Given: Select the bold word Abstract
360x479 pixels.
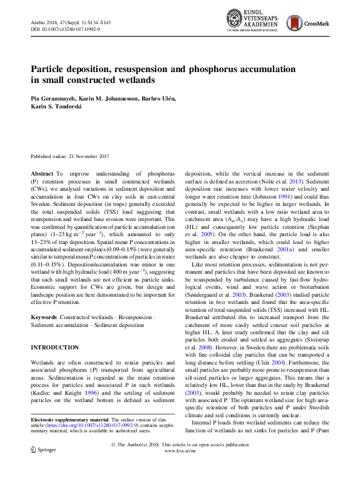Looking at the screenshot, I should [42, 174].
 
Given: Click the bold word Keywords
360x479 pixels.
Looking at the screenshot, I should [44, 317].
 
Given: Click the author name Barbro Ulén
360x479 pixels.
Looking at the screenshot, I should [159, 99].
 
